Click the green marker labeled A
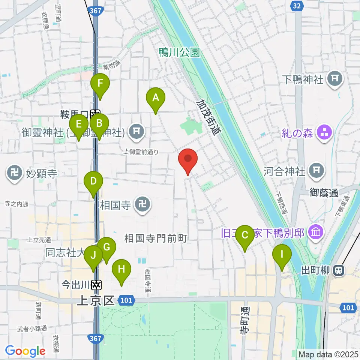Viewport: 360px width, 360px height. click(155, 98)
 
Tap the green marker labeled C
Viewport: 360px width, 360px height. click(244, 236)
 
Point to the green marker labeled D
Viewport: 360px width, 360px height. click(93, 182)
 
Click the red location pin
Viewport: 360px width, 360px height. click(188, 159)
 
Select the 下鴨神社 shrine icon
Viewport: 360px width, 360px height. click(333, 78)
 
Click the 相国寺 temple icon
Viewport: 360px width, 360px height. click(142, 205)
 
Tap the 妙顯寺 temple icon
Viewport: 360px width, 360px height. click(14, 174)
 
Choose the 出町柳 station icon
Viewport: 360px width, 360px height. click(339, 270)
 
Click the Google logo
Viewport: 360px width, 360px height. click(25, 351)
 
